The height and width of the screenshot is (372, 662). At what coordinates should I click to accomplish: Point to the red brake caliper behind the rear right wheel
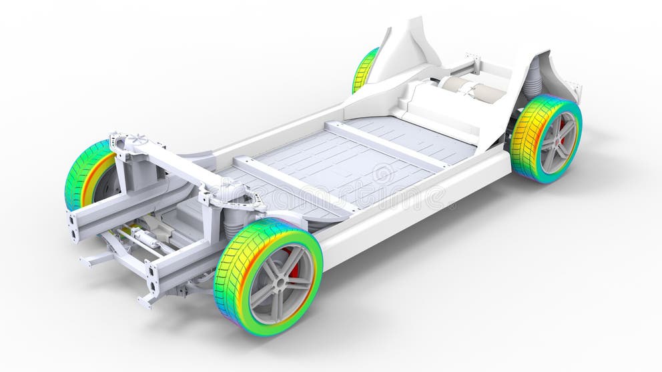[563, 127]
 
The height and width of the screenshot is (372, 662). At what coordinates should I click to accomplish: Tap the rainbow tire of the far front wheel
[83, 175]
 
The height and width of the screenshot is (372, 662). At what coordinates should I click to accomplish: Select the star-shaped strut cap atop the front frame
[137, 139]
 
